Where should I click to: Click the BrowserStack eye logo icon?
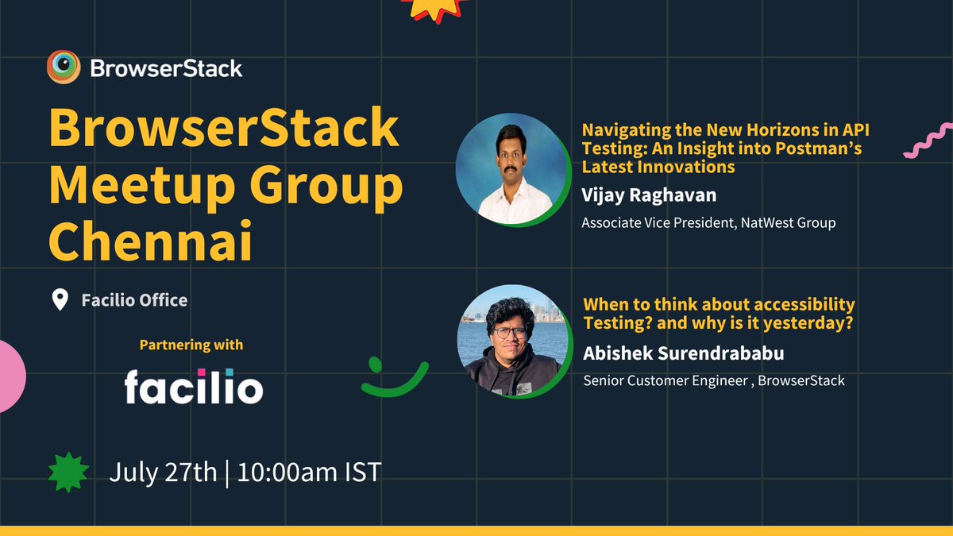click(62, 68)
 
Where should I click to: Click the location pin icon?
click(60, 300)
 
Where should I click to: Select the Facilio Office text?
click(134, 300)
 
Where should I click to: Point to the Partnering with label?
click(191, 345)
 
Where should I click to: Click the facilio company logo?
click(193, 387)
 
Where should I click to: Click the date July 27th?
click(163, 472)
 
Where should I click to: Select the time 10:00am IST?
click(309, 472)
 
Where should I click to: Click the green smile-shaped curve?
click(394, 380)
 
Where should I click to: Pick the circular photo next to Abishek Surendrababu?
click(513, 341)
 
